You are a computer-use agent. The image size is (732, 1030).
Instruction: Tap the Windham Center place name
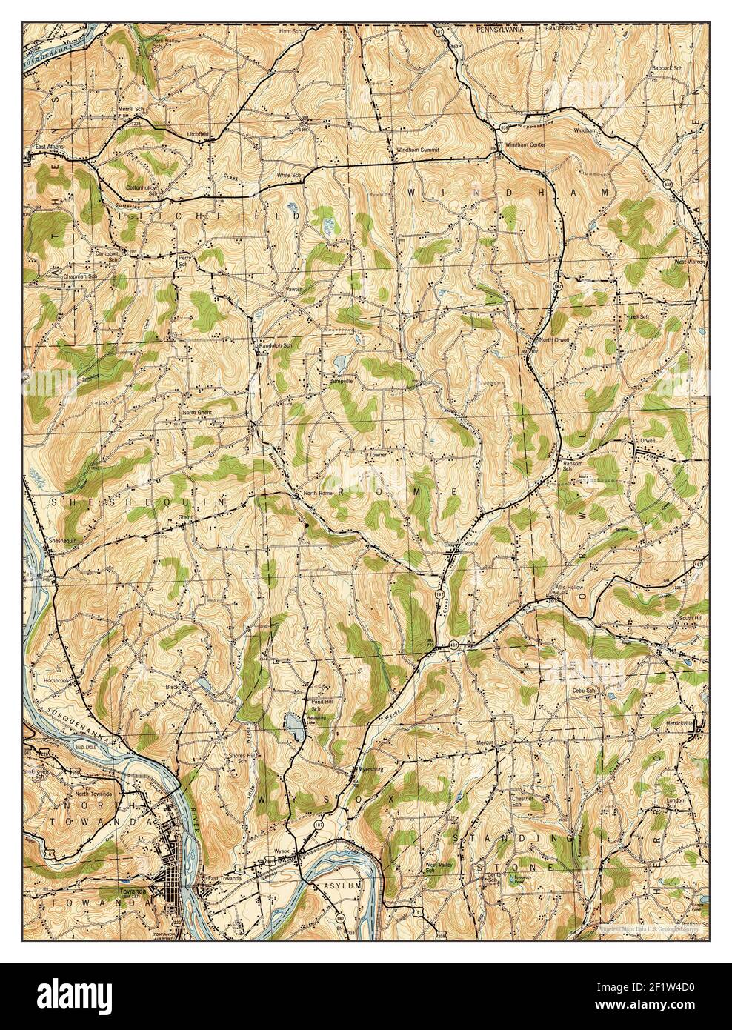525,144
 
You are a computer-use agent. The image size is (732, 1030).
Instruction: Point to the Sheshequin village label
64,542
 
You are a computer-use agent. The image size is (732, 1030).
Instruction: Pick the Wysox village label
282,851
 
